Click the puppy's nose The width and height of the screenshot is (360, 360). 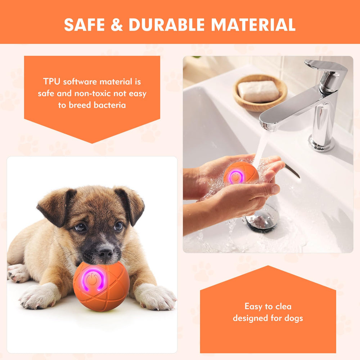[105, 252]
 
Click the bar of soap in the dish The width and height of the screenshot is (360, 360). [258, 91]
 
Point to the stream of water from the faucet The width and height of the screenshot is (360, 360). [261, 148]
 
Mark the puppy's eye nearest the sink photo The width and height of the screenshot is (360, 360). [118, 226]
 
